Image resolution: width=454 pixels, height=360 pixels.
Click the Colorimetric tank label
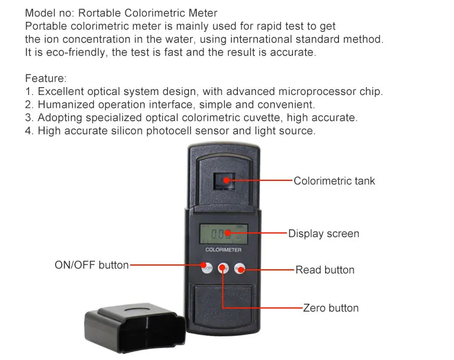[x=334, y=181]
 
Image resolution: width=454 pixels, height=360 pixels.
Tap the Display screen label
[x=323, y=234]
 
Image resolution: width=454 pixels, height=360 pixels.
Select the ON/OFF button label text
[x=92, y=265]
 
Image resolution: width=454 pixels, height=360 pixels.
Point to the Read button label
[x=325, y=270]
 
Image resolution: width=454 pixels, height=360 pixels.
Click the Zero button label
[x=331, y=308]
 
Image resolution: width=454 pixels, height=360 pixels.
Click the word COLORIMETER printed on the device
[x=223, y=250]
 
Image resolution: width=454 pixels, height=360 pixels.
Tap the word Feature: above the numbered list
[x=46, y=79]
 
